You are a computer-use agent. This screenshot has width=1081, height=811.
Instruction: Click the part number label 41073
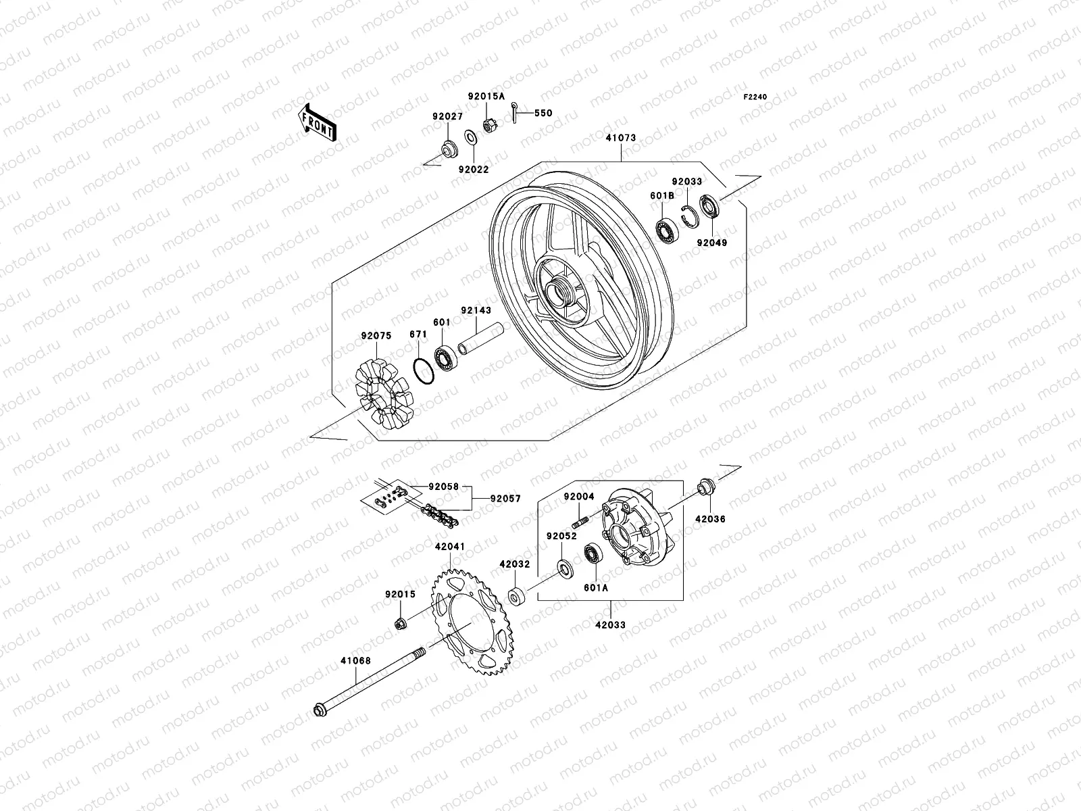tap(620, 138)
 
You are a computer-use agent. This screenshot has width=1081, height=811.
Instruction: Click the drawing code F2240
tap(755, 97)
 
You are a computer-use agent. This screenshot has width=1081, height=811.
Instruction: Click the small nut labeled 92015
tap(400, 622)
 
